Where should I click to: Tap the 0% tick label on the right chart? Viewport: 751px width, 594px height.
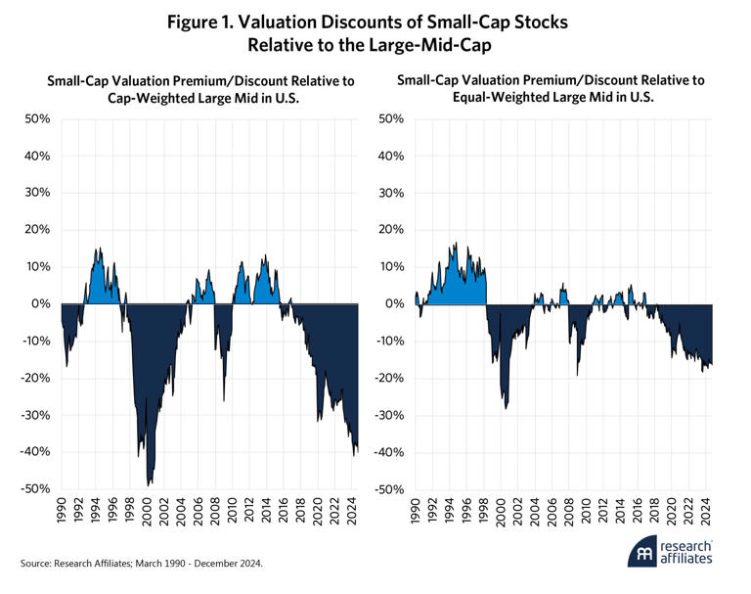[x=393, y=304]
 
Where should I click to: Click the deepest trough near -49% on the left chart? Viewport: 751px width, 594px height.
[x=149, y=484]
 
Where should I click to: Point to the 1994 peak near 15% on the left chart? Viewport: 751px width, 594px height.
[x=97, y=249]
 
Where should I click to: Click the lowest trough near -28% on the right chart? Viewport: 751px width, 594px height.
[x=506, y=407]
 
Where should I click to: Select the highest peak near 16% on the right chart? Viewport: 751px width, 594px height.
[x=456, y=245]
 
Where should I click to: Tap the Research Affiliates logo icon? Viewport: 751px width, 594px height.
[x=642, y=551]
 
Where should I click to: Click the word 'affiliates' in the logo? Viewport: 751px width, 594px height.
[x=687, y=559]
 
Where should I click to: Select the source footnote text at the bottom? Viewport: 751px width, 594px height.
[x=143, y=563]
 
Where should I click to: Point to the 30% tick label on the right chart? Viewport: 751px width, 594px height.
[x=390, y=194]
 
